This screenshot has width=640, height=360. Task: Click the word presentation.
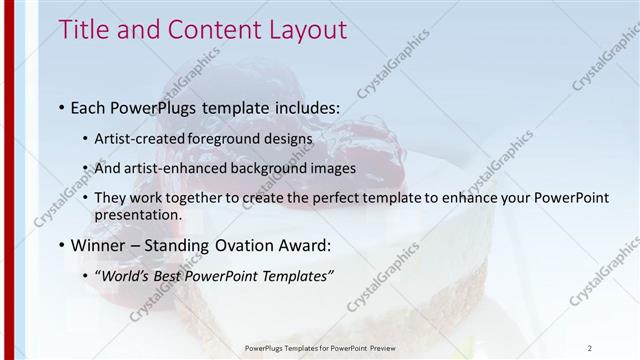(138, 214)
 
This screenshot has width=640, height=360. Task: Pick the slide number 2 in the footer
(590, 348)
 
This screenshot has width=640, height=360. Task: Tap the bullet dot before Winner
(62, 245)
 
